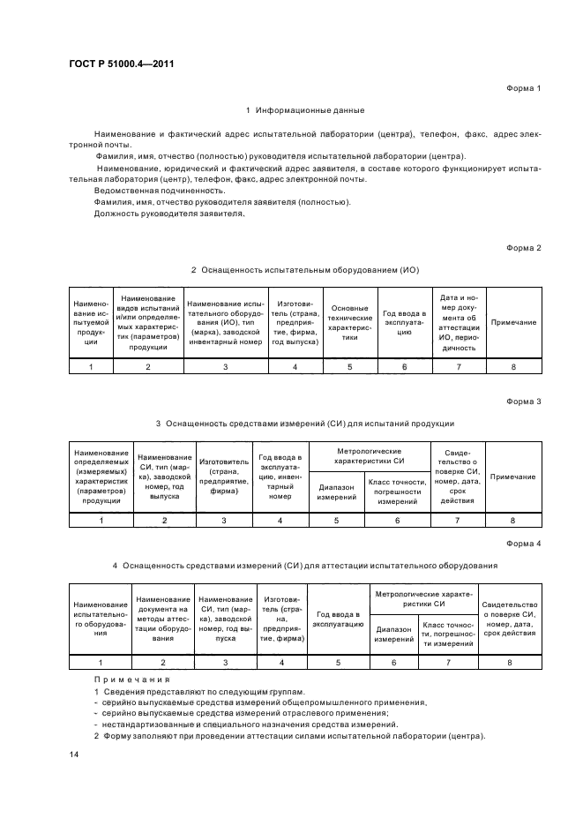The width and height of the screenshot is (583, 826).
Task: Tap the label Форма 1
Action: [x=523, y=89]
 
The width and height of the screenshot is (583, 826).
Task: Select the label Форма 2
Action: [x=523, y=248]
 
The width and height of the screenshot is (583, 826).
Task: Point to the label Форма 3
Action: [x=523, y=402]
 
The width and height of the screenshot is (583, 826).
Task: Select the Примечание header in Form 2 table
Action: [x=512, y=323]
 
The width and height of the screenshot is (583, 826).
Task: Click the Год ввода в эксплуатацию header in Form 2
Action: [x=404, y=323]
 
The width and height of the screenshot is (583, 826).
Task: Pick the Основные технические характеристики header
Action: [x=349, y=323]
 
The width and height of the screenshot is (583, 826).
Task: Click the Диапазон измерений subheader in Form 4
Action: [x=394, y=634]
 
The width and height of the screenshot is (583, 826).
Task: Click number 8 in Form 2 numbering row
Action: [x=512, y=366]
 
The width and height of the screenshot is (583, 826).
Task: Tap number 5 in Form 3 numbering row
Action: [x=336, y=521]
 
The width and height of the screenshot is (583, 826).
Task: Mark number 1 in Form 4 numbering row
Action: [x=101, y=662]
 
